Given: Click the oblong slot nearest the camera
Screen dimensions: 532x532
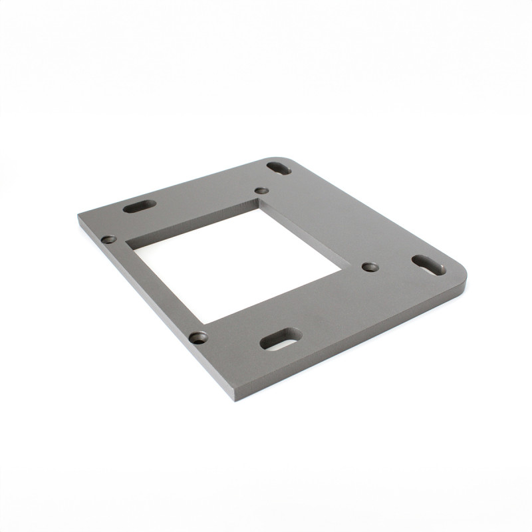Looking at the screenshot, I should [x=280, y=339].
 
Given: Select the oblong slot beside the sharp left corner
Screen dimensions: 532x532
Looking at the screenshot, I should [x=140, y=207].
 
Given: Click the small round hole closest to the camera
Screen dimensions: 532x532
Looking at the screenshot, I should [x=197, y=338].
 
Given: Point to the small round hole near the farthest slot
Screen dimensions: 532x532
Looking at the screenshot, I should [x=261, y=191].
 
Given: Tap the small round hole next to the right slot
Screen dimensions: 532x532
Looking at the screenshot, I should [x=370, y=267].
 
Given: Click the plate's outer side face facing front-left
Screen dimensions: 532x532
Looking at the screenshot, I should [x=153, y=313].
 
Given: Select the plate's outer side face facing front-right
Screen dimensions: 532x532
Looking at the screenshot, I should [x=352, y=346].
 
